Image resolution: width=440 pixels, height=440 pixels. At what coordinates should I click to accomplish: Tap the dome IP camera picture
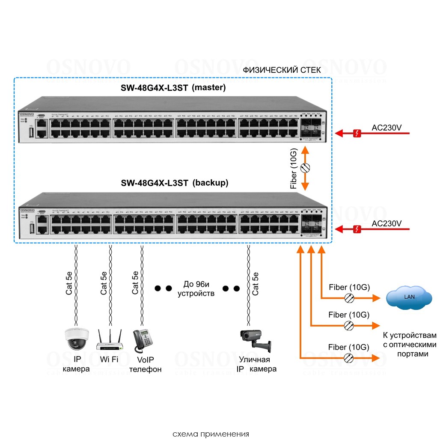tap(77, 339)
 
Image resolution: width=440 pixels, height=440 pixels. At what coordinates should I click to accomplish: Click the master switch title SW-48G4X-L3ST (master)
tap(173, 88)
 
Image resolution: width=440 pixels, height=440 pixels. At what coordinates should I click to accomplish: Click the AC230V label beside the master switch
tap(386, 128)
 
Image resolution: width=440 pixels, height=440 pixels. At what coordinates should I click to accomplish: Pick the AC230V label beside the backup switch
tap(386, 223)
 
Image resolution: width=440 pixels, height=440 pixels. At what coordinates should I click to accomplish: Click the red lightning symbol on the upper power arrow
tap(357, 134)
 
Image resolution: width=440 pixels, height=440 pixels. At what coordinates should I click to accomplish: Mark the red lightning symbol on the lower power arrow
tap(357, 230)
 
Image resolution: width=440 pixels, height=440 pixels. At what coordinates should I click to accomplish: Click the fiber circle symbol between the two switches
tap(305, 168)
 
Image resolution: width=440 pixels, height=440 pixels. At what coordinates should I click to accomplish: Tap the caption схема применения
tap(211, 434)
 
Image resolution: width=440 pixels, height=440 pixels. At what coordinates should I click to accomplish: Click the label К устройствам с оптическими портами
tap(409, 345)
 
